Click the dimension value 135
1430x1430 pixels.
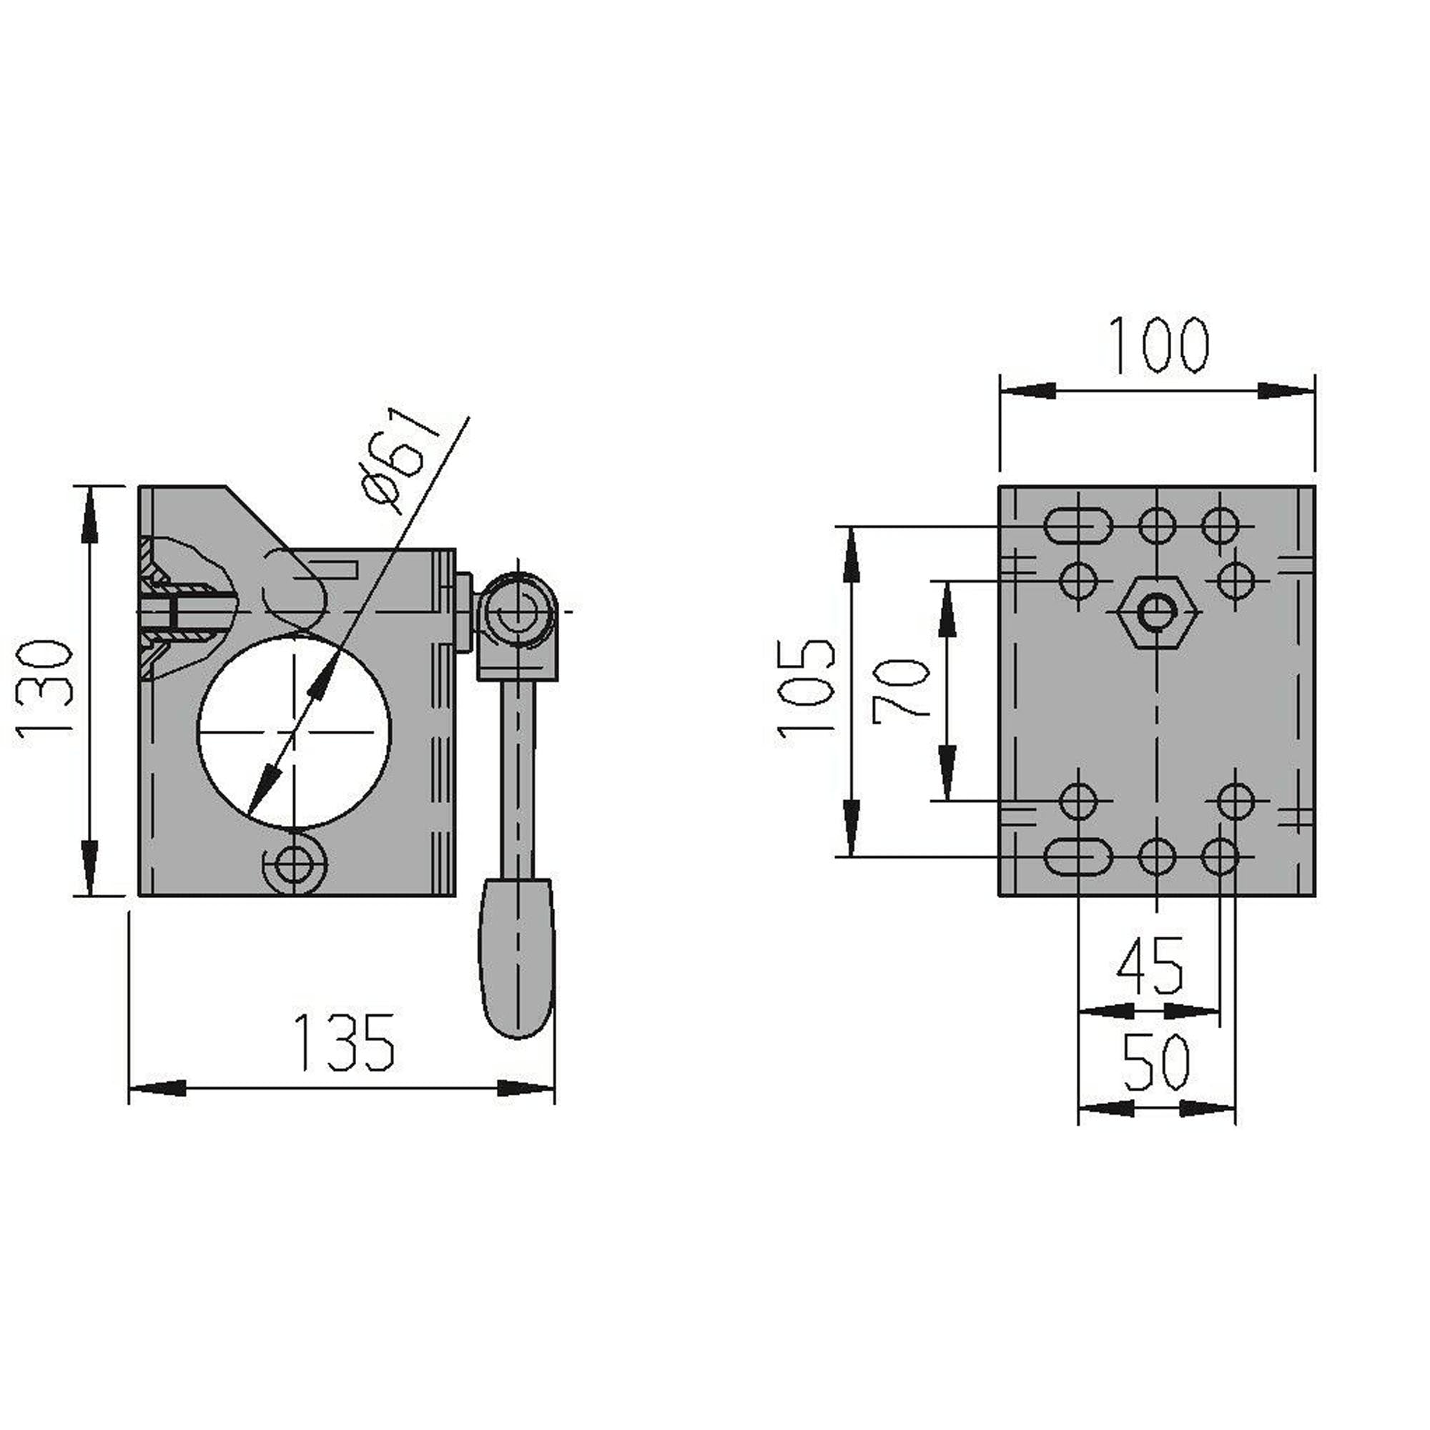click(x=344, y=1043)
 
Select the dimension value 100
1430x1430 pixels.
click(x=1159, y=345)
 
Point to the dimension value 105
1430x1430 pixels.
click(x=807, y=688)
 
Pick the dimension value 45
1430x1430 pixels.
click(x=1150, y=967)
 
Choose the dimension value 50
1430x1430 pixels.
click(x=1155, y=1063)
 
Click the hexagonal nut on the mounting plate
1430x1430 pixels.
click(x=1157, y=612)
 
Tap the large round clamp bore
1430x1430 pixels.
click(x=294, y=731)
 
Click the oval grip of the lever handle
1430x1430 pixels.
click(x=518, y=959)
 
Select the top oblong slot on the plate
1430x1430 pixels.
click(x=1078, y=526)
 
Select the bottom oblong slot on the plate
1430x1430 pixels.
click(x=1078, y=857)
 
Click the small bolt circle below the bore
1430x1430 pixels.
click(x=294, y=863)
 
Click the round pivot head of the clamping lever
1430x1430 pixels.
click(x=518, y=611)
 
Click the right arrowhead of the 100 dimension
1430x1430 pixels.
click(x=1286, y=391)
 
